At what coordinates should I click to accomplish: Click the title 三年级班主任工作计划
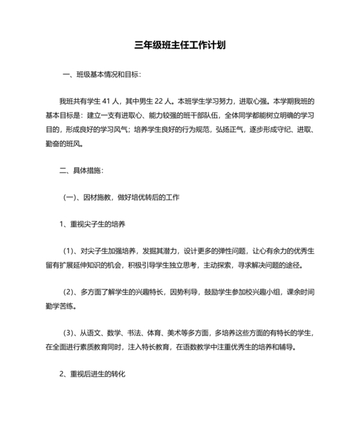(x=179, y=46)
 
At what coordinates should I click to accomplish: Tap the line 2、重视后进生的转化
(x=92, y=373)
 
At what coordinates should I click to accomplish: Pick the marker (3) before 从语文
(x=69, y=333)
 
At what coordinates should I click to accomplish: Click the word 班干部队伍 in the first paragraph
(x=201, y=115)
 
